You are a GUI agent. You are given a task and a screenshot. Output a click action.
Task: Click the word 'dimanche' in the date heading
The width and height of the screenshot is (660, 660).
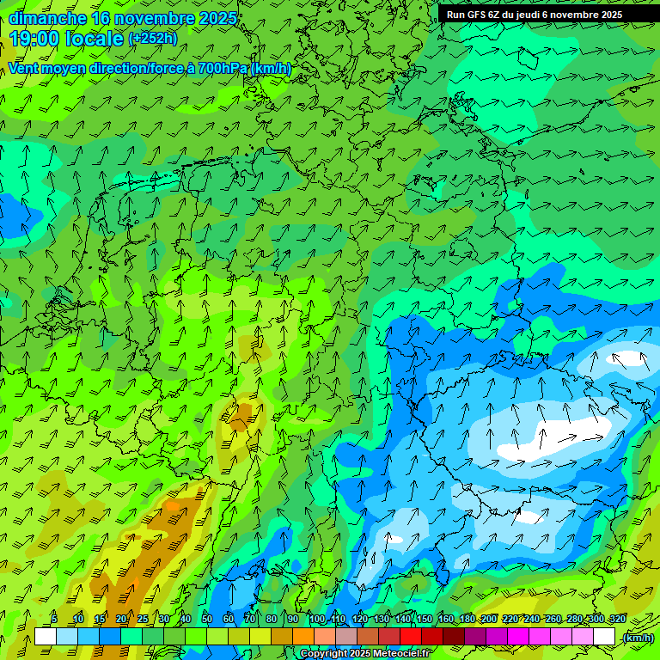click(x=47, y=18)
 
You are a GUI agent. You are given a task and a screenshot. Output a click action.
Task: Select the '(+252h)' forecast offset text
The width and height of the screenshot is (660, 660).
click(x=153, y=38)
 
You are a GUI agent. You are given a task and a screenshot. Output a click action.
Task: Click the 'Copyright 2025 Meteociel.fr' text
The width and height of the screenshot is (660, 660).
click(x=364, y=654)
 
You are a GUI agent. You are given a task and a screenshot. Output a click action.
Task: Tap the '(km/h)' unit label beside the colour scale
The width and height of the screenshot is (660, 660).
click(x=637, y=638)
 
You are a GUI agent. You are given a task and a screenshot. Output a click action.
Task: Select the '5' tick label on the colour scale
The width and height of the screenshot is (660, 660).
click(x=54, y=619)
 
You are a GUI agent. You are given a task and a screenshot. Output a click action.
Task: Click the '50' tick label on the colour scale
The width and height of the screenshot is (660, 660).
click(x=207, y=619)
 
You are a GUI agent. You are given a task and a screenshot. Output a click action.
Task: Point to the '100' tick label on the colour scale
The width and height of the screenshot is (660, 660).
click(x=317, y=619)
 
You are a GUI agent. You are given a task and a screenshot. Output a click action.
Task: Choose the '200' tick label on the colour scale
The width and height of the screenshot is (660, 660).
click(x=489, y=619)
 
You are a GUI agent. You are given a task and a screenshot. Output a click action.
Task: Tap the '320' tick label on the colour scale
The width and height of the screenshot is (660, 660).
click(x=617, y=619)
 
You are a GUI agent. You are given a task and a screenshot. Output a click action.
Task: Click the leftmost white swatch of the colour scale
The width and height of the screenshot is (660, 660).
click(x=45, y=637)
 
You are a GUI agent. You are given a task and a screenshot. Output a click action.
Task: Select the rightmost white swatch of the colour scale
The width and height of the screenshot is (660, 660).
click(x=605, y=637)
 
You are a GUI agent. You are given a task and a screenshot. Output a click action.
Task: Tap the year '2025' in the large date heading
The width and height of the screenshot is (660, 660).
click(x=217, y=18)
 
